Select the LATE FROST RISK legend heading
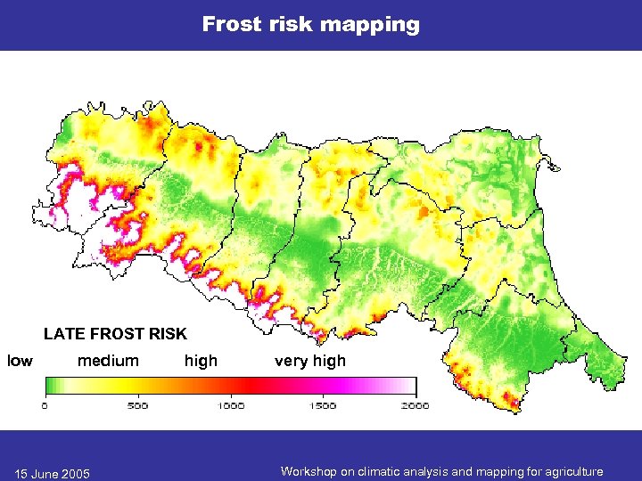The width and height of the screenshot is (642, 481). (115, 334)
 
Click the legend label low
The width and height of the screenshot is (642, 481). (20, 361)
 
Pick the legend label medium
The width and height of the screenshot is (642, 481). (108, 361)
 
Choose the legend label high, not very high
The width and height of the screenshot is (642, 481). (201, 361)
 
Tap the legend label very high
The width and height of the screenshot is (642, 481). (309, 361)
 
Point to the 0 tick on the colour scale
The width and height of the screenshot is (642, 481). (45, 405)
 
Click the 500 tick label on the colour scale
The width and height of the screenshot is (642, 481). (137, 405)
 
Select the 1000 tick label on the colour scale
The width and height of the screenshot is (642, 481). (230, 405)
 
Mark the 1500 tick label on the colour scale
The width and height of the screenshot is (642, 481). (323, 405)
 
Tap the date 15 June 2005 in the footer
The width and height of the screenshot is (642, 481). (52, 472)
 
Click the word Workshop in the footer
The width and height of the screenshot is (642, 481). (307, 471)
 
